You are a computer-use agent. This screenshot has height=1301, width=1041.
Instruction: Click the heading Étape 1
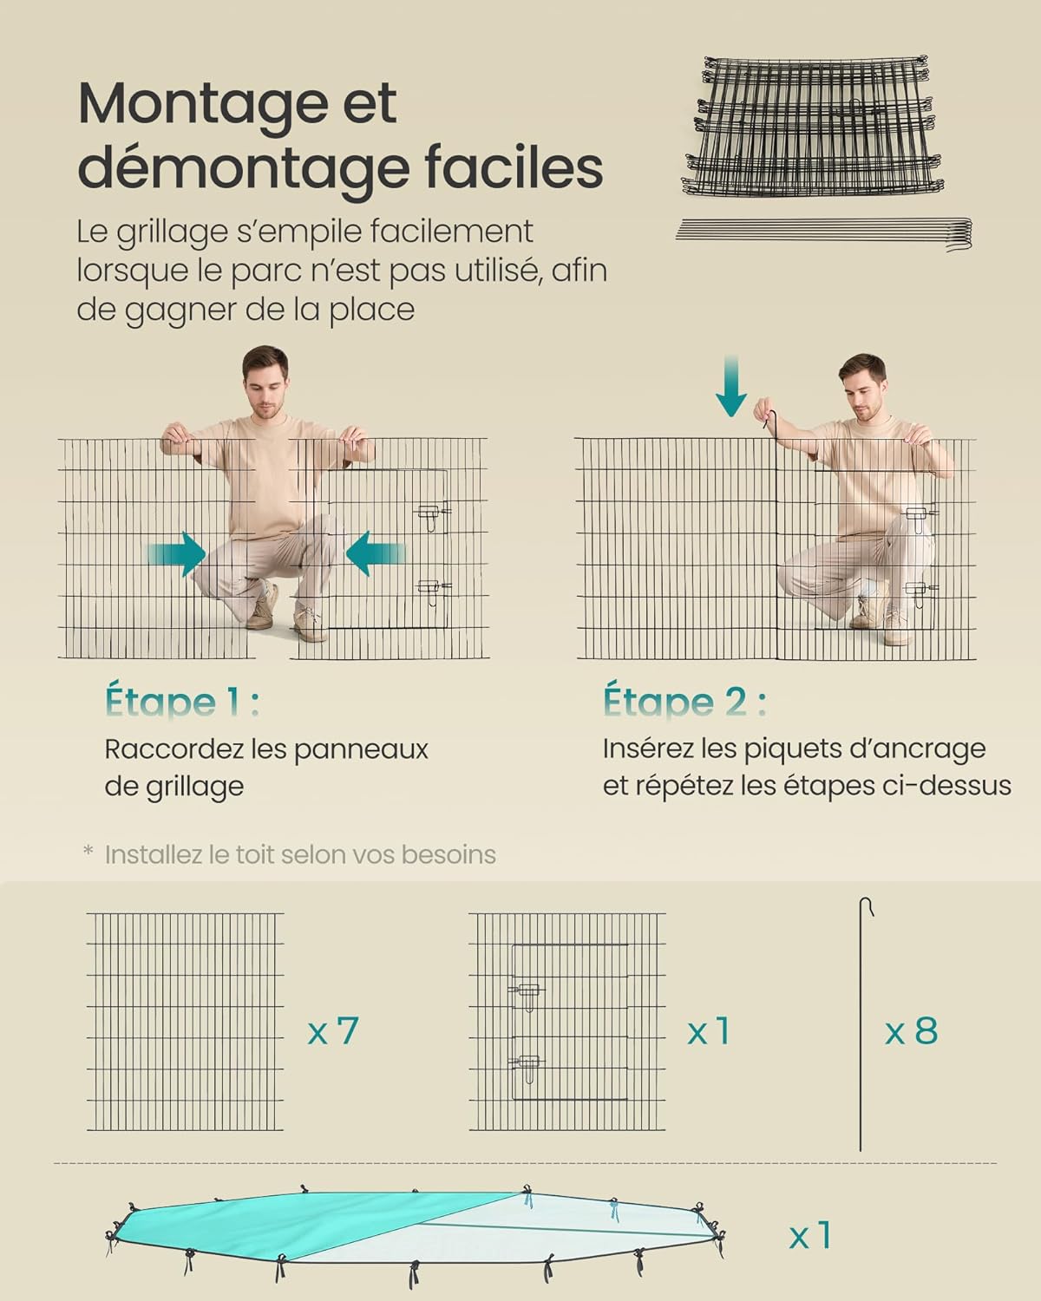click(181, 702)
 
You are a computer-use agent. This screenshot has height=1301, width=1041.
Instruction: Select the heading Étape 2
click(684, 702)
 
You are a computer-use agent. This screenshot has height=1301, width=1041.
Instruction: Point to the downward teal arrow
click(730, 386)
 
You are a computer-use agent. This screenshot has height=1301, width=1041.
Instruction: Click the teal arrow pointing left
click(375, 554)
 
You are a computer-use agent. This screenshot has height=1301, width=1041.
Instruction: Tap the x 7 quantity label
click(333, 1031)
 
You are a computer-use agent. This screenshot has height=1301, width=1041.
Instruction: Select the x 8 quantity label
click(911, 1031)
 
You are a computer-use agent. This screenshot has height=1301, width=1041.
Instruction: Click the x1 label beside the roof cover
click(810, 1235)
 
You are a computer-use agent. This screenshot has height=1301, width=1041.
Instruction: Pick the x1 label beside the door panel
click(709, 1031)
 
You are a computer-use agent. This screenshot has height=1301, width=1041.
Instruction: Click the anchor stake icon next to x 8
click(861, 1023)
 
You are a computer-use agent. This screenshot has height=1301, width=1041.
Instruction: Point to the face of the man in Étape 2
click(863, 390)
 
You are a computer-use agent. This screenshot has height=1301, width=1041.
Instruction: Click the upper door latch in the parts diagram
click(527, 991)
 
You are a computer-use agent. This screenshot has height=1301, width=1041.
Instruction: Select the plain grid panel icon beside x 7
click(185, 1022)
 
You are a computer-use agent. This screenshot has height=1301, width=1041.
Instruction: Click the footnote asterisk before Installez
click(88, 853)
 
